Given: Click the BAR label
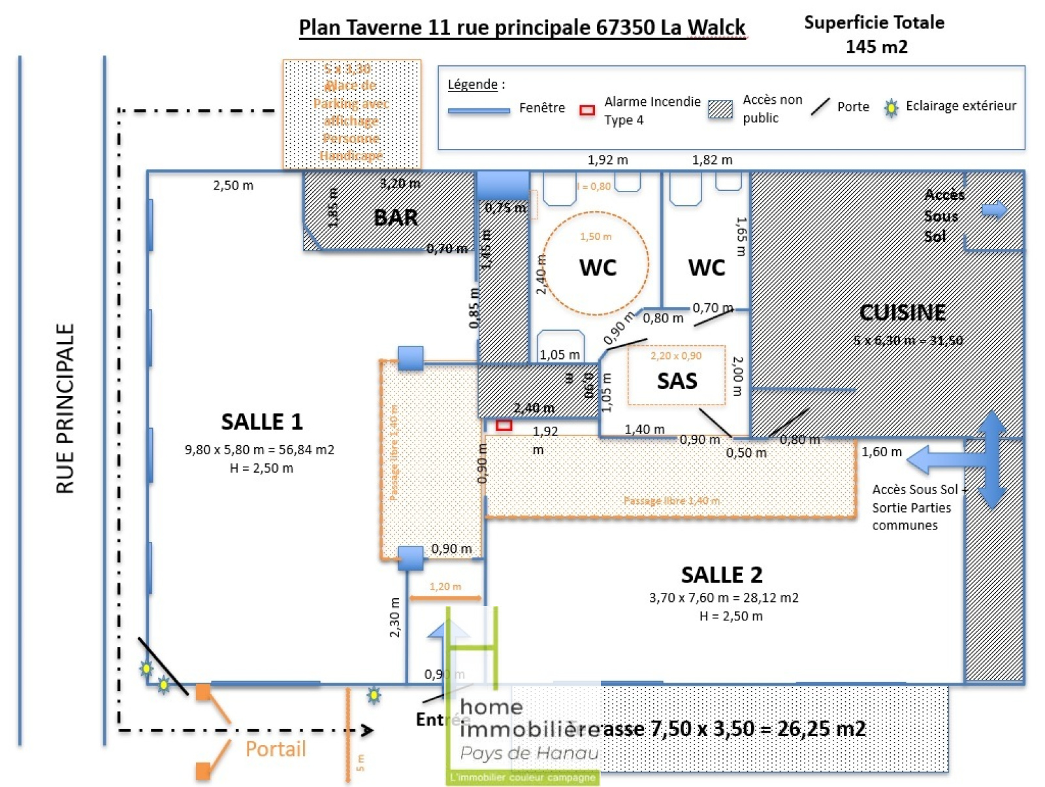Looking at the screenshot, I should (x=396, y=218).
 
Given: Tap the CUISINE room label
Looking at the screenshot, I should (x=903, y=312).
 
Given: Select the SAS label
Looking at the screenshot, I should (x=677, y=380).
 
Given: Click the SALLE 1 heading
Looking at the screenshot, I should (x=262, y=422).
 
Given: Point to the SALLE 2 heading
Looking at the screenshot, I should (x=722, y=575).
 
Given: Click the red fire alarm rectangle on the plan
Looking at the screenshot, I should (x=504, y=426).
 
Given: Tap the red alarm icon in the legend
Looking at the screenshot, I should (x=587, y=110).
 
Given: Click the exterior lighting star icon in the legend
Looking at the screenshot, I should (x=891, y=108).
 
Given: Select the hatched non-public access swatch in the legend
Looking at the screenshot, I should (x=720, y=109).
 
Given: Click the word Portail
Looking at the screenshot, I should (x=275, y=748).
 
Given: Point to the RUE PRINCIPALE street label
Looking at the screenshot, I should (x=65, y=409).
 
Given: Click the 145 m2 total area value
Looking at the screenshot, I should (x=876, y=47).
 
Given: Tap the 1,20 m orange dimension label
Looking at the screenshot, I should (x=445, y=586).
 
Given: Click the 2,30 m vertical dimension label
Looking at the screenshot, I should (x=394, y=617).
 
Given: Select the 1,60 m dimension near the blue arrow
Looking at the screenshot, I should (x=882, y=452).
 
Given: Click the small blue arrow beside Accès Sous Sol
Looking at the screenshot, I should (x=994, y=209).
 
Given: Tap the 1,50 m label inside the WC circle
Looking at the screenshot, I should (x=596, y=237).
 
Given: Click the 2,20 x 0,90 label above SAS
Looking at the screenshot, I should (x=676, y=356).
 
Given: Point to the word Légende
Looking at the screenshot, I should (x=472, y=84).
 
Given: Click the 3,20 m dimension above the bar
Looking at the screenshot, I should (x=400, y=184).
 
